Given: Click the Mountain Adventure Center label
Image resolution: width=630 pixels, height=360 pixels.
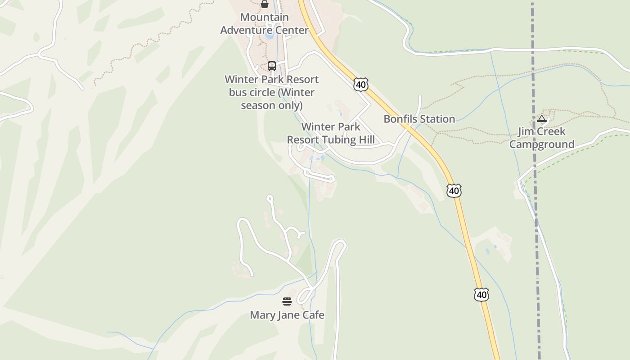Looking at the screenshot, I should point(264,24).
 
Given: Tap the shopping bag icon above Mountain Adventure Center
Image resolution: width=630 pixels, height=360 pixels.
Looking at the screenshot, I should point(265,4).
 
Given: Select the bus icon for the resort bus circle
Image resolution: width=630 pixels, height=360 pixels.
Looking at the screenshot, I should point(271,66).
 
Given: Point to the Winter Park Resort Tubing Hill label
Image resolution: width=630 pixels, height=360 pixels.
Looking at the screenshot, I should point(331,133).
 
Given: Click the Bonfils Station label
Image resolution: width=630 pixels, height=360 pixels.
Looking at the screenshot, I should point(419,119).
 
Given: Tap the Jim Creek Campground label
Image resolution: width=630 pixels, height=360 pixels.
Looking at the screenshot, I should point(542,138).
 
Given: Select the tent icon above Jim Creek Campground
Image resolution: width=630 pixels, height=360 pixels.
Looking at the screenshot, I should point(542,119).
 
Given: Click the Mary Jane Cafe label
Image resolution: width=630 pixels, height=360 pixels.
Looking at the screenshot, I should point(287,315).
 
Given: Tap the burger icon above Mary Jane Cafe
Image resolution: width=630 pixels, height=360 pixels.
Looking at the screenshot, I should point(287,301).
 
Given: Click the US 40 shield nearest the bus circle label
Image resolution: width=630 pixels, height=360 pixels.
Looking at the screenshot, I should point(361,84).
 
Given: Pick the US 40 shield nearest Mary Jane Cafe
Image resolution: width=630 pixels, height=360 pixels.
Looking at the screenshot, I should point(481,295).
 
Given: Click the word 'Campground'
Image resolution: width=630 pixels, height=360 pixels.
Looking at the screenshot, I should point(542,144).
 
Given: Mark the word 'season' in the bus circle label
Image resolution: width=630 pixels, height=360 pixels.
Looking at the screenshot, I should point(258,105).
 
